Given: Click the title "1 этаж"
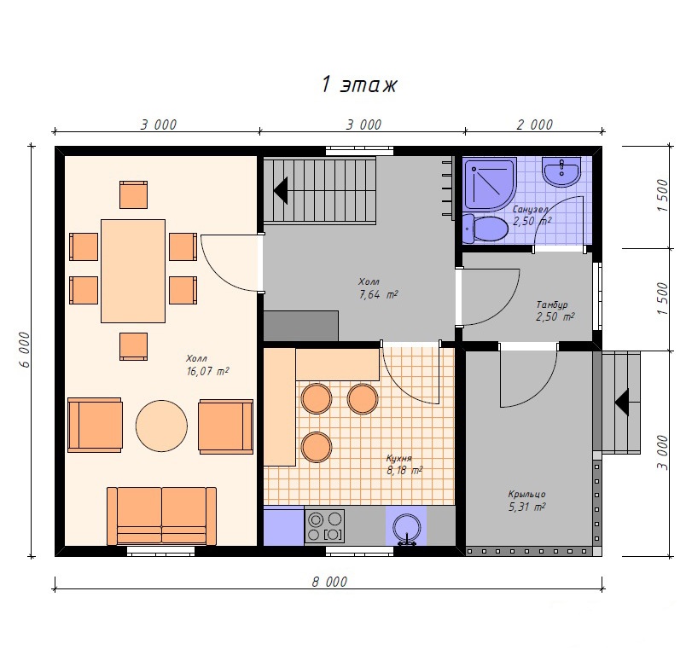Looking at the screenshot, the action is (x=359, y=84).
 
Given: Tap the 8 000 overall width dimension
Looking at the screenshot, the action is (x=329, y=582).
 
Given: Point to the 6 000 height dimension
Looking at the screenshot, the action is (x=25, y=350).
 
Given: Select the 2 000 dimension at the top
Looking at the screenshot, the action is (x=535, y=125).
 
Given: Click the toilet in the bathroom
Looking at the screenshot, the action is (x=485, y=229).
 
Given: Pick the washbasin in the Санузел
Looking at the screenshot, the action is (x=561, y=171).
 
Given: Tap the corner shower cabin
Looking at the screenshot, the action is (x=490, y=184).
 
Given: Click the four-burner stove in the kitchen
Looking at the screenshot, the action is (x=324, y=526).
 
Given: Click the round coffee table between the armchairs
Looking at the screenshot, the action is (x=161, y=426).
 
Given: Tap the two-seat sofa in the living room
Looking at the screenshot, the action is (x=161, y=516).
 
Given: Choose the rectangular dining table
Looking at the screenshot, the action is (x=133, y=271).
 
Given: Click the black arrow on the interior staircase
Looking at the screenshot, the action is (x=281, y=190).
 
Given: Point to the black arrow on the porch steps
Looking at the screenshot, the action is (x=622, y=402).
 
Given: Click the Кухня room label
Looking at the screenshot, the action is (x=398, y=458).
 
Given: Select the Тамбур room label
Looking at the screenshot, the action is (x=552, y=304).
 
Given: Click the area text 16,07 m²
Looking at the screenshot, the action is (x=207, y=371).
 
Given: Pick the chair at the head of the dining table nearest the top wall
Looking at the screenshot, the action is (x=133, y=195).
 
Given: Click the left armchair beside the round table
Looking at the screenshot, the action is (x=95, y=425).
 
